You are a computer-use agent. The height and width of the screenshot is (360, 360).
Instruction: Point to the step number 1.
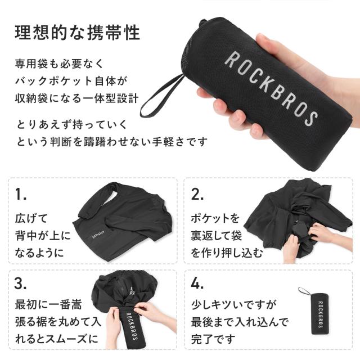pos(21,195)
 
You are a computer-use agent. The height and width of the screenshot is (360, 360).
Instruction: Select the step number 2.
pos(197,195)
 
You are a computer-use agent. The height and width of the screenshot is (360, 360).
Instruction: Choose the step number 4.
pos(197,283)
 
